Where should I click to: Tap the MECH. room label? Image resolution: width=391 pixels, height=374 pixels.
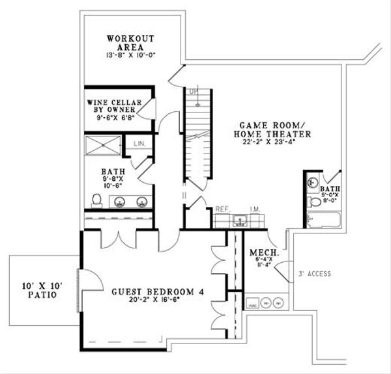[265, 252]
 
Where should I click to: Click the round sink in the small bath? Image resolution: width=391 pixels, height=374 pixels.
[313, 183]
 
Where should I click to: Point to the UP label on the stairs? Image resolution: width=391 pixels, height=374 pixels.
[192, 92]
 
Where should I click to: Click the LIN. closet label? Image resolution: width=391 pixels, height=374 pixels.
[138, 142]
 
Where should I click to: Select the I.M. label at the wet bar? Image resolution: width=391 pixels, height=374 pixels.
[255, 210]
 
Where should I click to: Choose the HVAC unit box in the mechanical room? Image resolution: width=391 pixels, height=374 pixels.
[250, 303]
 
